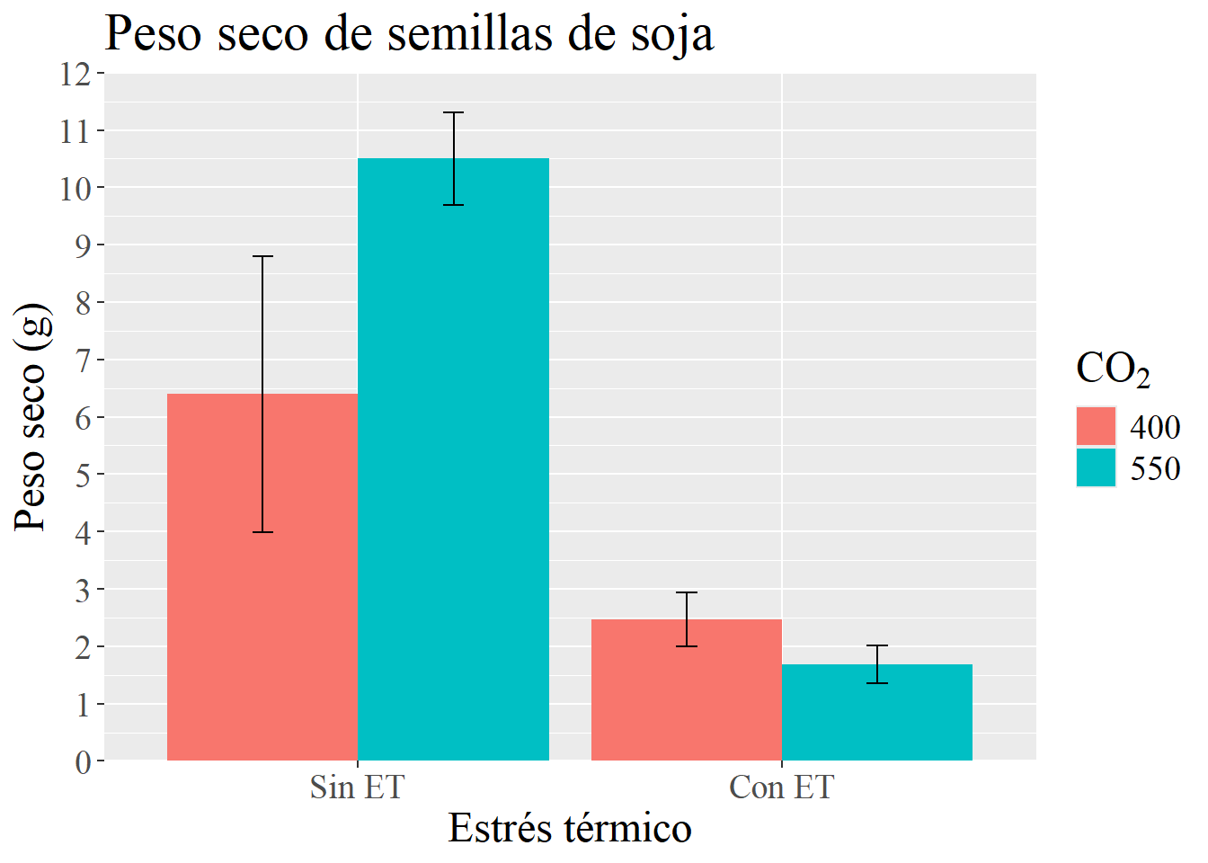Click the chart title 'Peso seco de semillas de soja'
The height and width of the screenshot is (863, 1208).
pyautogui.click(x=409, y=34)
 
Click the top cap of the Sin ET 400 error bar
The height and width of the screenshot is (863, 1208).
pyautogui.click(x=262, y=257)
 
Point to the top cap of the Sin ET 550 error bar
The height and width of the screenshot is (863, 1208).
pyautogui.click(x=453, y=113)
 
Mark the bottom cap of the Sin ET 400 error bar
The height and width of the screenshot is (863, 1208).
pyautogui.click(x=262, y=532)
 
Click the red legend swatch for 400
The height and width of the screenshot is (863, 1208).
pyautogui.click(x=1096, y=426)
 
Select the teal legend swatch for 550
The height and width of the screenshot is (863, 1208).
pyautogui.click(x=1096, y=467)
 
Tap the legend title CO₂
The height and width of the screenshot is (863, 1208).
pyautogui.click(x=1113, y=369)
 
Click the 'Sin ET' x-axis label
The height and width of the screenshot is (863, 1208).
pyautogui.click(x=358, y=787)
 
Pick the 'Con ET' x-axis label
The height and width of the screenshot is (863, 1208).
pyautogui.click(x=782, y=787)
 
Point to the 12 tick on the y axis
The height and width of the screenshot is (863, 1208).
pyautogui.click(x=77, y=75)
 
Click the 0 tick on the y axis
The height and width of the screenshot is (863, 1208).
pyautogui.click(x=84, y=762)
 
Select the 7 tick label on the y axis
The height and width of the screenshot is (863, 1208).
pyautogui.click(x=84, y=360)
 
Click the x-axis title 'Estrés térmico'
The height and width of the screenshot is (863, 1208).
pyautogui.click(x=570, y=829)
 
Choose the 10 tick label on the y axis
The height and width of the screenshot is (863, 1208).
pyautogui.click(x=77, y=189)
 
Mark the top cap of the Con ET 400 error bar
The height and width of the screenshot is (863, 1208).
pyautogui.click(x=687, y=593)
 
